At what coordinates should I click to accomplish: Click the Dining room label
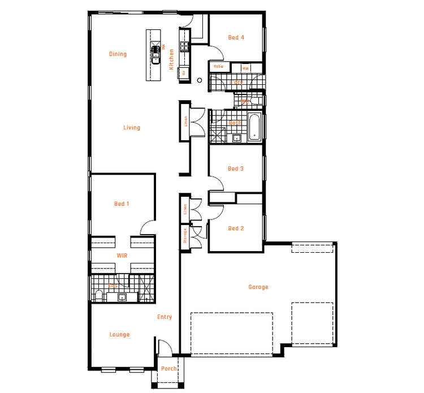click(x=118, y=54)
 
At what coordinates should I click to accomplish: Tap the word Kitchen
click(x=172, y=59)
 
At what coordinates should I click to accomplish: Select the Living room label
click(x=132, y=128)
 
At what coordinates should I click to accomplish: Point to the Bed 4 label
click(x=236, y=38)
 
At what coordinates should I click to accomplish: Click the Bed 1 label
click(x=122, y=204)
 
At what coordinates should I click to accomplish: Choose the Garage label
click(x=258, y=287)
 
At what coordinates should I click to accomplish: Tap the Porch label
click(x=169, y=369)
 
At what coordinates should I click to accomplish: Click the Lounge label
click(x=119, y=335)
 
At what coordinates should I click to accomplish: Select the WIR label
click(x=122, y=256)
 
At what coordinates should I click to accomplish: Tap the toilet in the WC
click(x=256, y=101)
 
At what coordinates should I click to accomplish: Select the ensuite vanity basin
click(x=120, y=296)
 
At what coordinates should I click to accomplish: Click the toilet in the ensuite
click(x=97, y=295)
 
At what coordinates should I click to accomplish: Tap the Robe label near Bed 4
click(x=218, y=67)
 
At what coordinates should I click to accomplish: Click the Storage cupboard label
click(x=185, y=236)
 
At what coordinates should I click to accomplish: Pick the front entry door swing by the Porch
click(x=165, y=347)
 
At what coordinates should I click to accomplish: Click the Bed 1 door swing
click(x=148, y=228)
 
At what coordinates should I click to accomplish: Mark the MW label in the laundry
click(x=245, y=68)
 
